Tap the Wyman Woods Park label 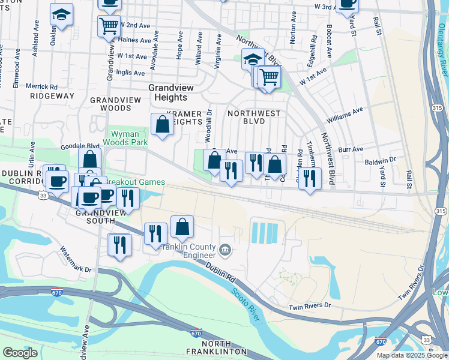[x=128, y=138]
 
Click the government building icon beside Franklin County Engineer [x=224, y=248]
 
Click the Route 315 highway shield [x=441, y=211]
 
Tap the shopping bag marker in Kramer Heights [x=162, y=125]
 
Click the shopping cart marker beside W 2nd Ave [x=109, y=26]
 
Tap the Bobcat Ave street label [x=330, y=40]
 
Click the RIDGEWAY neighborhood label [x=52, y=96]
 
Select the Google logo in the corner [x=20, y=353]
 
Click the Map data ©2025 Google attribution [x=412, y=355]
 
